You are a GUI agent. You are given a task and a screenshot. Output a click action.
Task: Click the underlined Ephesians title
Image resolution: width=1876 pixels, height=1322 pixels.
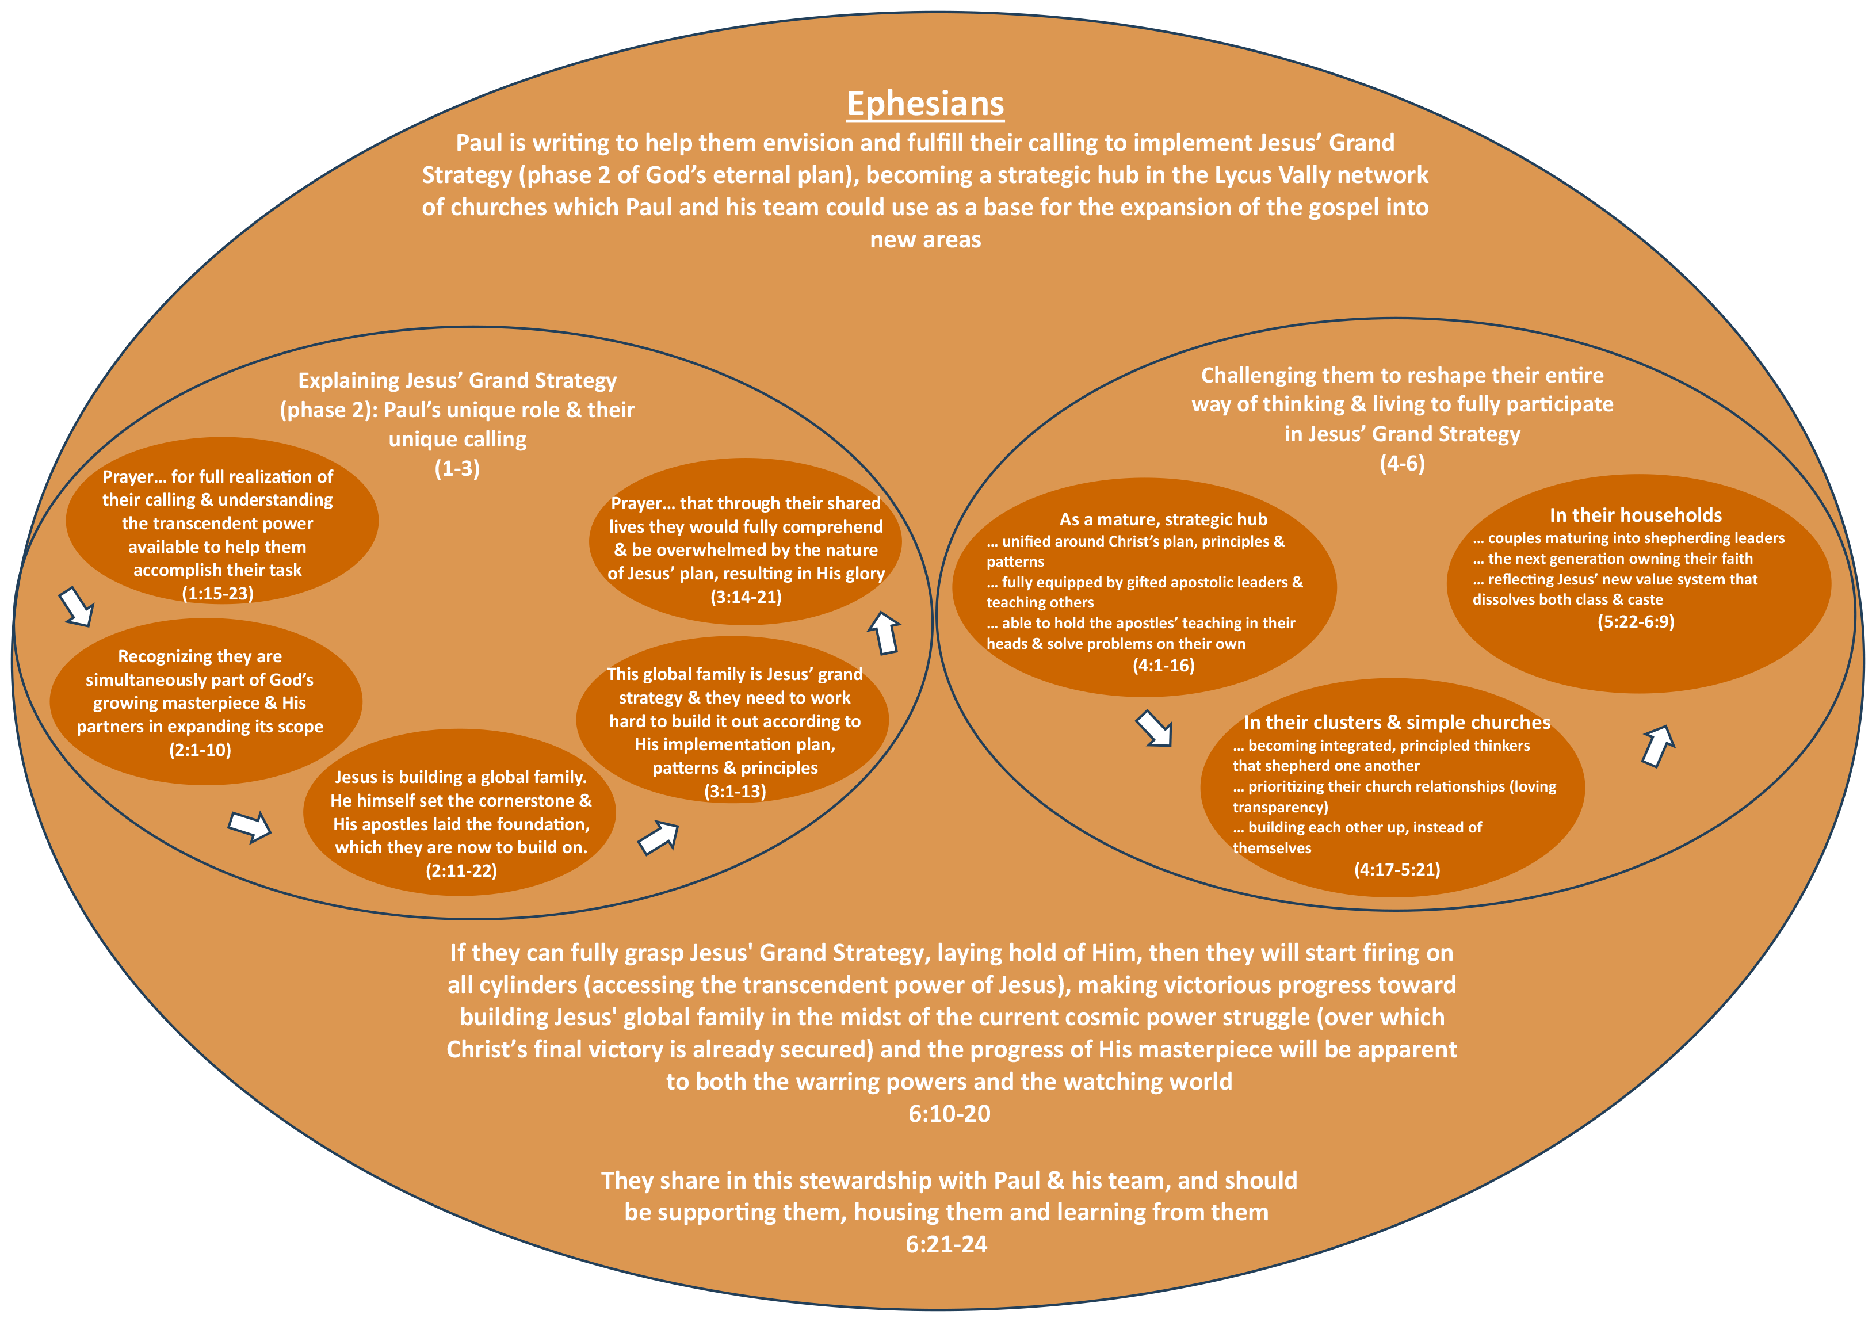tap(925, 104)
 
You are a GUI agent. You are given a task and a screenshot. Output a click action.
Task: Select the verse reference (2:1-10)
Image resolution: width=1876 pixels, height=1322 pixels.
tap(200, 750)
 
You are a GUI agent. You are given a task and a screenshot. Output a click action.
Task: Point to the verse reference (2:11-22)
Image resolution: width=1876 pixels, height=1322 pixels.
tap(461, 871)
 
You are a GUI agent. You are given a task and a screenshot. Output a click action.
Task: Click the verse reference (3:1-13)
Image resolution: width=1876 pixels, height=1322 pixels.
tap(735, 792)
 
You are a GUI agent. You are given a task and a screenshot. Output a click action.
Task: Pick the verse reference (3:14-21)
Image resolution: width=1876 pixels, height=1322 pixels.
tap(745, 597)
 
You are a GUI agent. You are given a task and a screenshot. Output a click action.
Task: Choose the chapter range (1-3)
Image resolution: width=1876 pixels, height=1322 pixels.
tap(457, 468)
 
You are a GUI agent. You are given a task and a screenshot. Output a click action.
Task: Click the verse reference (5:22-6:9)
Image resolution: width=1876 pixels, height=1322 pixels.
tap(1636, 622)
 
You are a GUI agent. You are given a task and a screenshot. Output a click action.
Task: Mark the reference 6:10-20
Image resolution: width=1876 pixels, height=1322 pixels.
tap(949, 1114)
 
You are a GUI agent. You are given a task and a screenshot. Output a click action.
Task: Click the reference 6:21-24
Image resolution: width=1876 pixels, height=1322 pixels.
tap(946, 1244)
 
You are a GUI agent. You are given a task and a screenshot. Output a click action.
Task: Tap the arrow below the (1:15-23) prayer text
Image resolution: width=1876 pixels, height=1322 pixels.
tap(77, 607)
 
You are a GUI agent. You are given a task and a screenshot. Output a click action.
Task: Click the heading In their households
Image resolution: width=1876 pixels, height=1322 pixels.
tap(1635, 515)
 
